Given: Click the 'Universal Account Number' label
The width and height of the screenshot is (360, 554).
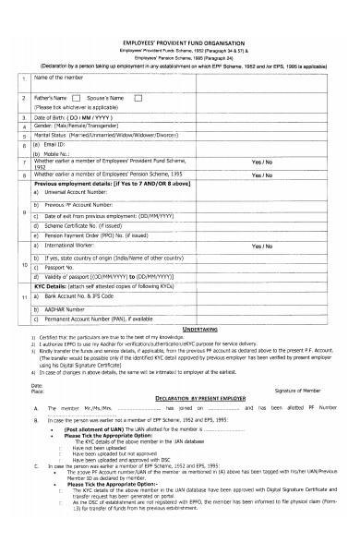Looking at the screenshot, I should [83, 192].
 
